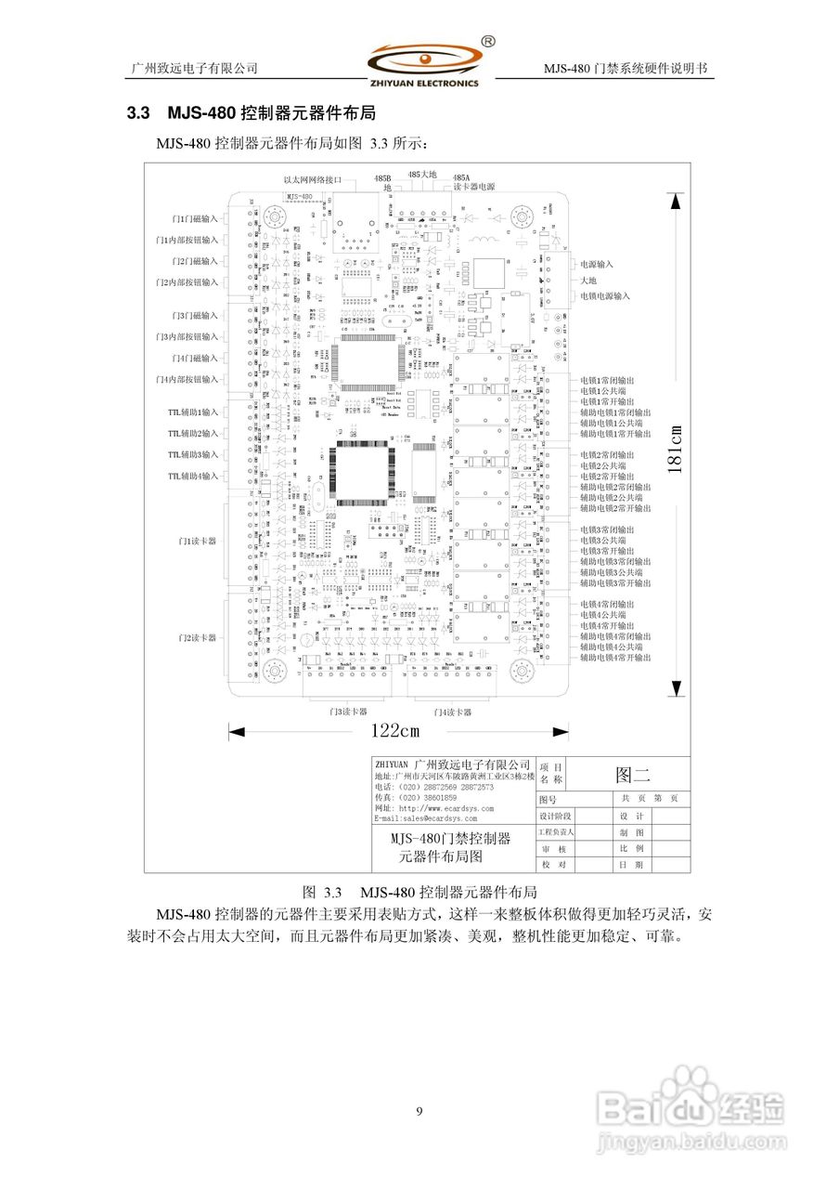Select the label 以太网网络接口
click(313, 179)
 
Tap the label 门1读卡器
click(197, 540)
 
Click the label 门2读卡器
click(197, 638)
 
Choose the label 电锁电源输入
click(605, 295)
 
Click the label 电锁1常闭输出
click(608, 380)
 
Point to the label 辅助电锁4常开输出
click(615, 658)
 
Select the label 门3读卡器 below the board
click(342, 712)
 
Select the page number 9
click(419, 1112)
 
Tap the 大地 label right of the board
click(588, 280)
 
